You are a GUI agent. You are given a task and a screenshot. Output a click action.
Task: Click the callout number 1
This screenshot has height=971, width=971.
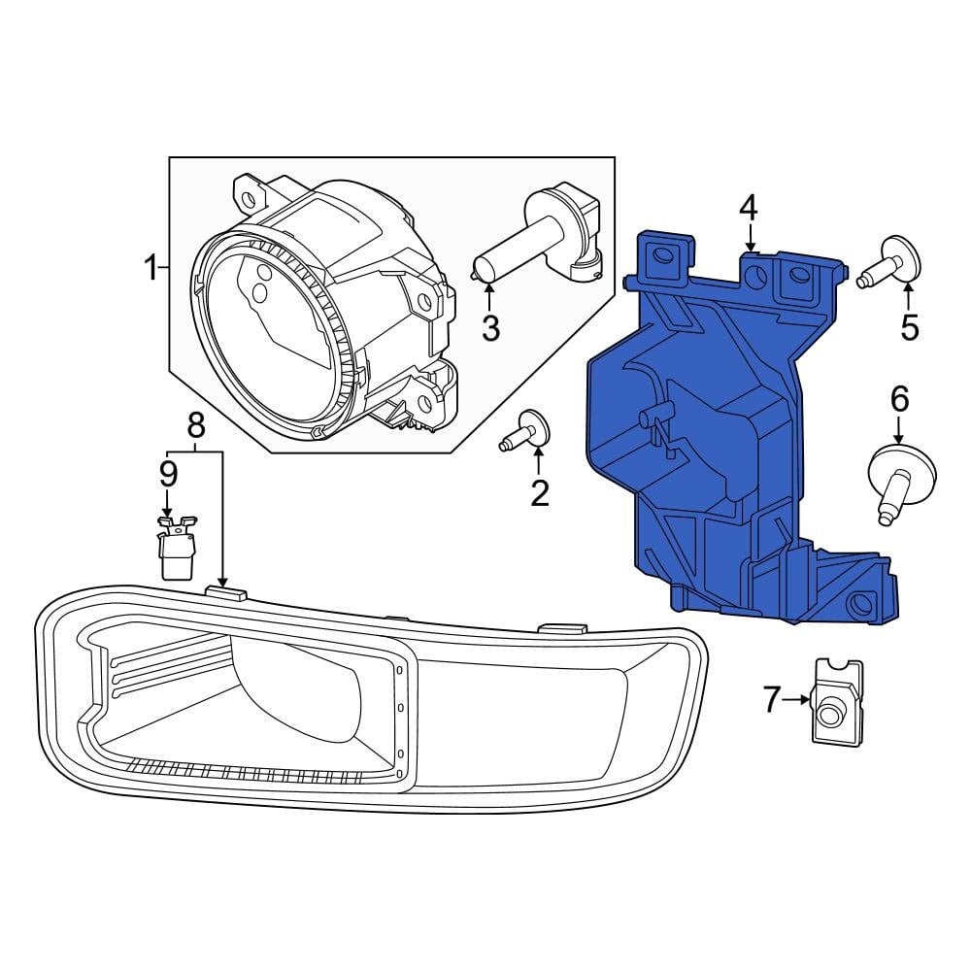pyautogui.click(x=151, y=266)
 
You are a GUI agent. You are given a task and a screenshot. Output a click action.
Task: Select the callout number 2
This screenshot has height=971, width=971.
pyautogui.click(x=539, y=493)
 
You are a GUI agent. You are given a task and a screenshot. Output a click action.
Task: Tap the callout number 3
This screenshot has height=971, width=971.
pyautogui.click(x=490, y=328)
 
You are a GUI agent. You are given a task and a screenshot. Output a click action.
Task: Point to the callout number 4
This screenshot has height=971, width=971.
pyautogui.click(x=748, y=207)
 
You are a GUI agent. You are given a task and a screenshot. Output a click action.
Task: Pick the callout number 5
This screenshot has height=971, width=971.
pyautogui.click(x=909, y=327)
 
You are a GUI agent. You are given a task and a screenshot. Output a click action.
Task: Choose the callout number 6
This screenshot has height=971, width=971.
pyautogui.click(x=899, y=397)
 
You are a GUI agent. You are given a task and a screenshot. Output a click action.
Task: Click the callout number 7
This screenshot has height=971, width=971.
pyautogui.click(x=772, y=698)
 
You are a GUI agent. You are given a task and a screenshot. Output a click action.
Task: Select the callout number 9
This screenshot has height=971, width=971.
pyautogui.click(x=168, y=474)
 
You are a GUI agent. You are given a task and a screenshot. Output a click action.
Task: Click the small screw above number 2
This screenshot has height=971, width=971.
pyautogui.click(x=526, y=431)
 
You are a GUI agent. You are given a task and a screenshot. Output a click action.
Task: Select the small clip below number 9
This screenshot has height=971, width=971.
pyautogui.click(x=176, y=550)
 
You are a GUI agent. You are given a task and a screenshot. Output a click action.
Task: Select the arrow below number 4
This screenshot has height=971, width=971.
pyautogui.click(x=749, y=239)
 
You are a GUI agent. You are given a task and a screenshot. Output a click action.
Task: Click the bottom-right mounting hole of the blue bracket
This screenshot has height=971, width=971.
pyautogui.click(x=860, y=606)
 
